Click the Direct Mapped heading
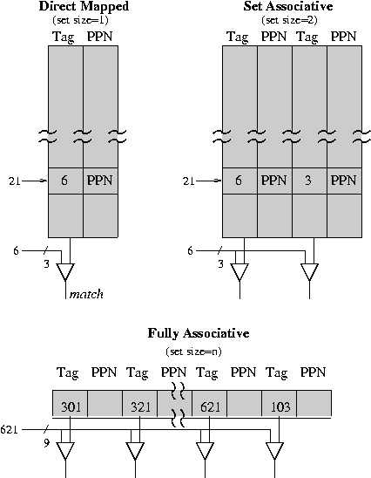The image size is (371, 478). point(84,6)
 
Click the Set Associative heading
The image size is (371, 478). point(288,6)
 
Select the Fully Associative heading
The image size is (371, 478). point(199,333)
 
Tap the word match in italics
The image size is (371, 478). point(86,294)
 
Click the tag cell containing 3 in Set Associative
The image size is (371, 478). point(309,181)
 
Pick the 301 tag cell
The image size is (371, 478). point(70,403)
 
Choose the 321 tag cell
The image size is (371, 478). point(139,403)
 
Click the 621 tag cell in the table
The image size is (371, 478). point(209,403)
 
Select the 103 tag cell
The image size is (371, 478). point(279,403)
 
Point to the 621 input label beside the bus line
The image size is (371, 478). point(9,429)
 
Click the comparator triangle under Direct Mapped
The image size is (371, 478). point(65,272)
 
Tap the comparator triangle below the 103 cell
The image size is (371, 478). point(275,451)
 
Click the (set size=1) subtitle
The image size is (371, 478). point(81,20)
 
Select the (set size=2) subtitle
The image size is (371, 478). point(289,20)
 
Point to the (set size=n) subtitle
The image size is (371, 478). point(193,352)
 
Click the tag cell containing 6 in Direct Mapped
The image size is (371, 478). point(65,181)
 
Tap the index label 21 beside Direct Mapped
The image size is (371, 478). point(14,181)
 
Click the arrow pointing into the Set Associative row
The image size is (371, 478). point(209,181)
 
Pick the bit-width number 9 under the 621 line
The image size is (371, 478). point(46,443)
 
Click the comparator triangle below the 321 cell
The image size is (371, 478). point(135,451)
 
